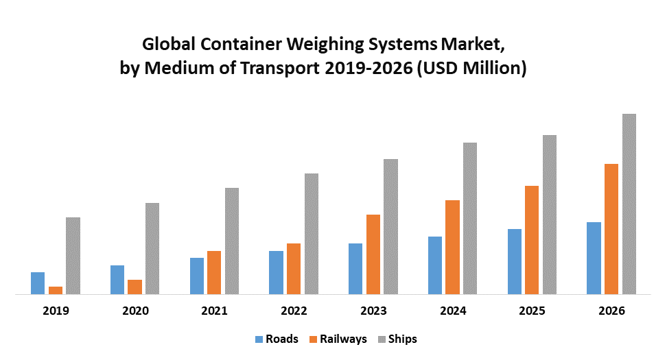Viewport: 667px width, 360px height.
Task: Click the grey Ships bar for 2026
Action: (629, 204)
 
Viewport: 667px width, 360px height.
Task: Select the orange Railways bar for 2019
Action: (56, 290)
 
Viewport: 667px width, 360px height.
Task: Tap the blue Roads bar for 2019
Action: (38, 283)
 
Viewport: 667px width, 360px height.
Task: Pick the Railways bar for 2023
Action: (373, 254)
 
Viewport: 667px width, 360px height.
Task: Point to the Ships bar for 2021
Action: (232, 241)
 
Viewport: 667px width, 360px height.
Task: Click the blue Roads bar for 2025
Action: (515, 261)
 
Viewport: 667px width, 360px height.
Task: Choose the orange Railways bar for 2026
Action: (611, 229)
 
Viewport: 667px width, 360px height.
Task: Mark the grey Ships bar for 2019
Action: (73, 256)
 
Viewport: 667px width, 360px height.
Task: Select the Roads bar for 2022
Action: (276, 272)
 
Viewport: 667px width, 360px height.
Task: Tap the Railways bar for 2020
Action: (134, 287)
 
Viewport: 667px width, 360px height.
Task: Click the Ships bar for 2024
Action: (470, 218)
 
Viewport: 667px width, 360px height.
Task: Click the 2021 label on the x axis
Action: (214, 311)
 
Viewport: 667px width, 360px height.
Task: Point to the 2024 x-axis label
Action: (452, 311)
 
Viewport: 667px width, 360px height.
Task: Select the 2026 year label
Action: (611, 311)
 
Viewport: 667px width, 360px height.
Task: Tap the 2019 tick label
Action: (56, 311)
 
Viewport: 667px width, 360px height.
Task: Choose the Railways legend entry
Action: (339, 339)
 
